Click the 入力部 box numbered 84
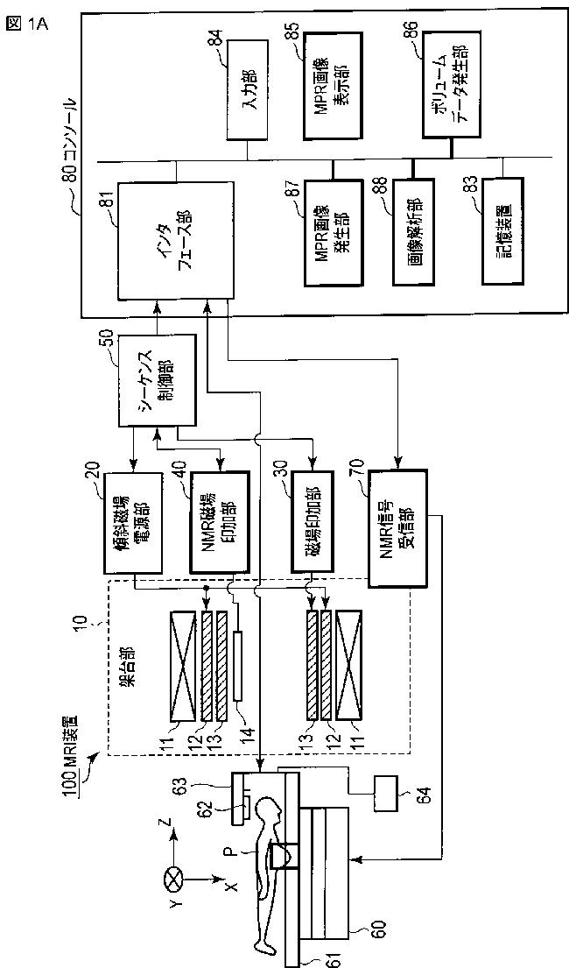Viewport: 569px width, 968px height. pos(246,90)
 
